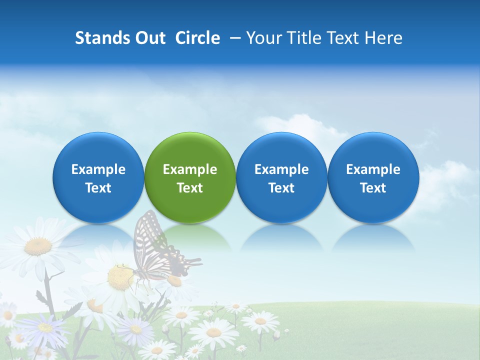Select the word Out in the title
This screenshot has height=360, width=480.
(149, 38)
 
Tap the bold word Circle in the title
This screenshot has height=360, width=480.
(197, 38)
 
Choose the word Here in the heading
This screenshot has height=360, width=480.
(383, 38)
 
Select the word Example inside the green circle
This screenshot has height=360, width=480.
(190, 169)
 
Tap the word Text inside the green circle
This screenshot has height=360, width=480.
(190, 188)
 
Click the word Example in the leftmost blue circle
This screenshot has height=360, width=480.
(98, 169)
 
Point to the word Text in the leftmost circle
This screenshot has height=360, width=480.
(98, 188)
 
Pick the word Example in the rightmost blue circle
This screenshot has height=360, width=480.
(373, 169)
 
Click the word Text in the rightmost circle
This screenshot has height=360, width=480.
(373, 188)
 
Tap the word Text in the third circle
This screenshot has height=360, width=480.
(281, 188)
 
